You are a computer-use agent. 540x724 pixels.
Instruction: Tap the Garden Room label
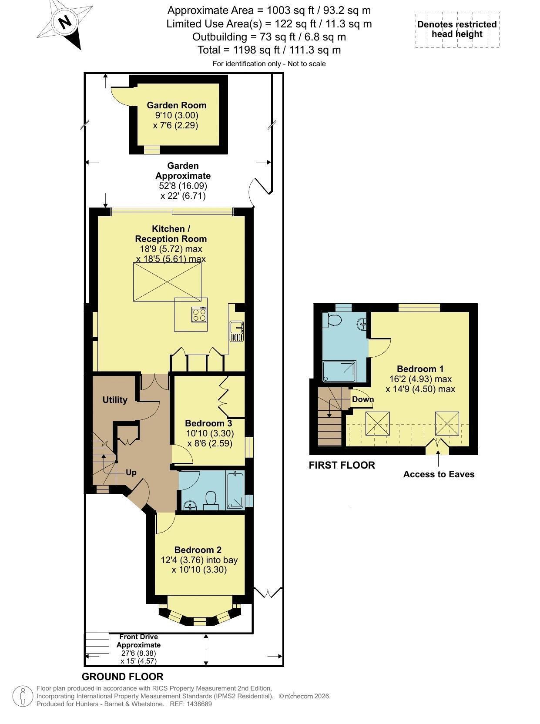pyautogui.click(x=177, y=105)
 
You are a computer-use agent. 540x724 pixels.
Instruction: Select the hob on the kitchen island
pyautogui.click(x=199, y=314)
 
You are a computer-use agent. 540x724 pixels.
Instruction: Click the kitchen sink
pyautogui.click(x=237, y=331)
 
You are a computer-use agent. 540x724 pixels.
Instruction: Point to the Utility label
pyautogui.click(x=115, y=400)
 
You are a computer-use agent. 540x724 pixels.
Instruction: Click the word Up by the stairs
pyautogui.click(x=131, y=473)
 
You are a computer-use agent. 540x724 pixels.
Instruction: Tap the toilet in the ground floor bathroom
pyautogui.click(x=211, y=500)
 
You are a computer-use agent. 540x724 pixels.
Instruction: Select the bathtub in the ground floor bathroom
pyautogui.click(x=235, y=491)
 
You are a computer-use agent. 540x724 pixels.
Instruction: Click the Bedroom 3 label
pyautogui.click(x=208, y=423)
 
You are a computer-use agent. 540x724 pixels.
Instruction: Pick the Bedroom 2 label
pyautogui.click(x=198, y=550)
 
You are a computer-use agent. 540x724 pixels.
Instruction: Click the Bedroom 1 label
pyautogui.click(x=420, y=369)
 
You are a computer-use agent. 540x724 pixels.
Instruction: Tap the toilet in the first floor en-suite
pyautogui.click(x=332, y=320)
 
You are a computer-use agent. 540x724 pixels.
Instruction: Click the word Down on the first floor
pyautogui.click(x=362, y=399)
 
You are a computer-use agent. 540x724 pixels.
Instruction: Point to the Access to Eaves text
pyautogui.click(x=439, y=474)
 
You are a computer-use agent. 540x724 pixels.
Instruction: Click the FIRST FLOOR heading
pyautogui.click(x=342, y=466)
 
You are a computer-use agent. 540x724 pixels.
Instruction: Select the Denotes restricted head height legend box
pyautogui.click(x=457, y=30)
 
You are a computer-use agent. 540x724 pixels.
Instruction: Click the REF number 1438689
pyautogui.click(x=199, y=704)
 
